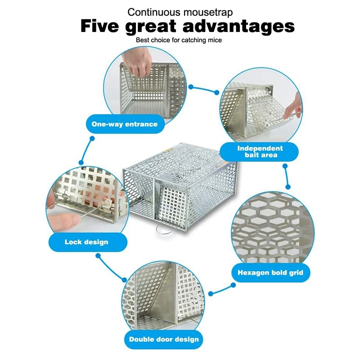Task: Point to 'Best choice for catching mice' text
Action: [x=179, y=40]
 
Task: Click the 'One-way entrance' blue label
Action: [x=125, y=124]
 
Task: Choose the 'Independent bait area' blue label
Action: [x=261, y=152]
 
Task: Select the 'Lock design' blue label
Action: [x=86, y=242]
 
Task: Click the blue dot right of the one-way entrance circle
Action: [x=191, y=86]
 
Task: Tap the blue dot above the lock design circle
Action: [x=81, y=162]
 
